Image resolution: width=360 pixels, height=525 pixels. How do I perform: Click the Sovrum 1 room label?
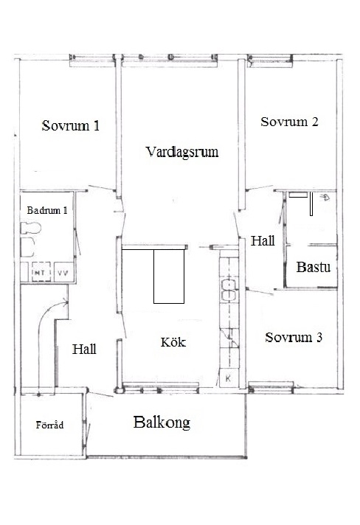click(x=71, y=125)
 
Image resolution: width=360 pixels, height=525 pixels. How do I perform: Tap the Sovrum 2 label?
click(x=289, y=122)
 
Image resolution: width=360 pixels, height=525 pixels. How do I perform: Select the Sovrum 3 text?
click(x=294, y=337)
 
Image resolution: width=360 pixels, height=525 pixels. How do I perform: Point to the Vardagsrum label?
click(x=182, y=152)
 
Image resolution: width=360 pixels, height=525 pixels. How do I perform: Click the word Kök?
click(x=173, y=342)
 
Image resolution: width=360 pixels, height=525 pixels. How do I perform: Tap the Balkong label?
click(x=162, y=423)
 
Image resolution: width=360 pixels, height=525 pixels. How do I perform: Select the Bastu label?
click(x=314, y=267)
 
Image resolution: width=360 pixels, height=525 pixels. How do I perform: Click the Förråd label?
click(x=49, y=425)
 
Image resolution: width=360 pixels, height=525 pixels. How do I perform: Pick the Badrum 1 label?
click(x=47, y=210)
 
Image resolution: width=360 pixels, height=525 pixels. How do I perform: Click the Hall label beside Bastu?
click(x=263, y=240)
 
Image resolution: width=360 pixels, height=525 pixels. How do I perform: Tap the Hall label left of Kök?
click(x=84, y=350)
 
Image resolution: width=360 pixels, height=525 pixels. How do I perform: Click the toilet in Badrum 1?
click(x=30, y=229)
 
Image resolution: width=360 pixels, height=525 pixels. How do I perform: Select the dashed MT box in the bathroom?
click(x=41, y=272)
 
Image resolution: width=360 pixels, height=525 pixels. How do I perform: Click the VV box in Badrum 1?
click(x=63, y=272)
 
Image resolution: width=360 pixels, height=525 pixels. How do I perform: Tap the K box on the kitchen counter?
click(x=229, y=378)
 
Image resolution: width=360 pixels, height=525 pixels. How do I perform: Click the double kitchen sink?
click(x=229, y=290)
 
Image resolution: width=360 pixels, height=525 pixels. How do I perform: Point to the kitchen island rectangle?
click(x=169, y=277)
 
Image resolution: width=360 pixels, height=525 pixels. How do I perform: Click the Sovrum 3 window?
click(x=271, y=386)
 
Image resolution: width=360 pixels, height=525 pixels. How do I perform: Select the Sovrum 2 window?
click(x=270, y=60)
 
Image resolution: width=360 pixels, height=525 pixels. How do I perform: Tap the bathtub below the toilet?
click(x=27, y=247)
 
